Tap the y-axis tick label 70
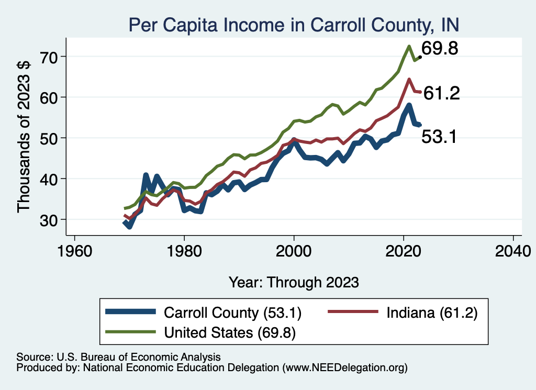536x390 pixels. coord(50,57)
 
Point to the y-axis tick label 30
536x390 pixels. coord(50,219)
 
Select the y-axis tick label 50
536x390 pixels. coord(50,138)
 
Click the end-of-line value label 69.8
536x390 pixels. coord(440,49)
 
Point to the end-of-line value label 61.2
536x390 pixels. coord(441,94)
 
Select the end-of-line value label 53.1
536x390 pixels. coord(440,137)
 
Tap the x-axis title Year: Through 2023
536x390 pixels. coord(294,282)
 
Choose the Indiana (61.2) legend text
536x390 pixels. coord(432,313)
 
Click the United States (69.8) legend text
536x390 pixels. coord(230,332)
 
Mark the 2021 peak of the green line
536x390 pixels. coord(408,46)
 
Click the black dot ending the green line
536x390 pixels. coord(420,57)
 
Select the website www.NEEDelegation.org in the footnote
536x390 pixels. coord(344,368)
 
